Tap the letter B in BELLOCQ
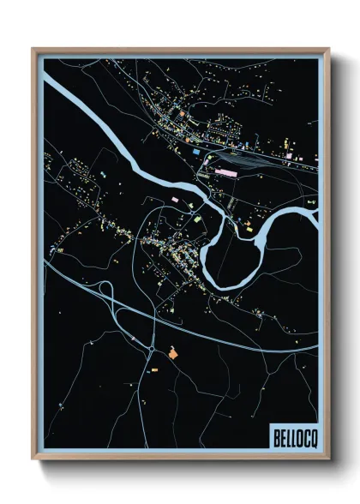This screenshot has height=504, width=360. coord(277,436)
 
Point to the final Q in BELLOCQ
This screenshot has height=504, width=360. coord(310,436)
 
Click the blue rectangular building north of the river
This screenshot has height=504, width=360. coord(195,152)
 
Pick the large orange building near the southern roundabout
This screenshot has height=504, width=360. coord(174,351)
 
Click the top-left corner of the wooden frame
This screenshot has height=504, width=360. coord(33,50)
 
